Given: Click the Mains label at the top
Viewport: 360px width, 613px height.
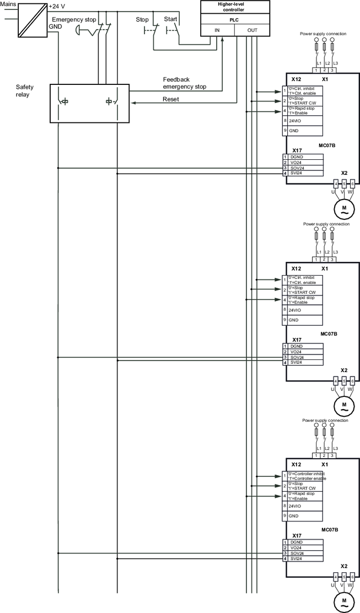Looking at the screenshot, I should (8, 4).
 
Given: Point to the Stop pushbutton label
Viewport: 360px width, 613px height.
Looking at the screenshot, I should (142, 19).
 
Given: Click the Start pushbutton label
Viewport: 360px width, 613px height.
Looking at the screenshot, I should (170, 19).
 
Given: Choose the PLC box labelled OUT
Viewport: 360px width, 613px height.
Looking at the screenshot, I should (252, 30).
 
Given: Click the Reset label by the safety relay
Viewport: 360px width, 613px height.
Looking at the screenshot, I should (171, 99).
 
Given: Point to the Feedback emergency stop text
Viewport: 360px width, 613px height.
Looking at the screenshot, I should (184, 83).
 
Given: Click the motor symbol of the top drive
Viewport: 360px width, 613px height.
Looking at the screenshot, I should (345, 208).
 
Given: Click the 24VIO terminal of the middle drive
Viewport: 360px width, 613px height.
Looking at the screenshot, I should (295, 310).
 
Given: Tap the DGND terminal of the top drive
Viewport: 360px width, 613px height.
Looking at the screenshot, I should (296, 157).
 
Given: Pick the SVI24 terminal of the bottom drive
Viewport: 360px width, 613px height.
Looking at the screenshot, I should (297, 559).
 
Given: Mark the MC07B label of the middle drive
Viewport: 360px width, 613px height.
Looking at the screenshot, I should (329, 334).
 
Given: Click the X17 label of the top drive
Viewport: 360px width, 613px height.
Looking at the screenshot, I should (296, 150).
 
